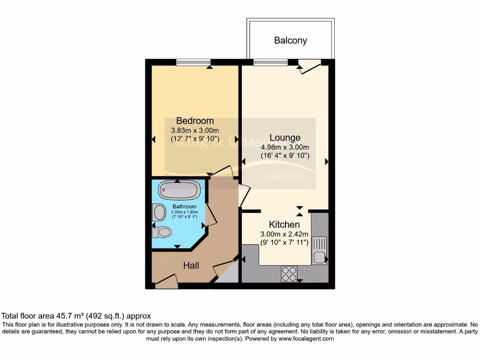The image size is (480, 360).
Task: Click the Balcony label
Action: (x=291, y=41)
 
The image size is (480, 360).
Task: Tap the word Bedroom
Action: (x=195, y=121)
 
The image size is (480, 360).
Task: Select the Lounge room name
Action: (x=285, y=138)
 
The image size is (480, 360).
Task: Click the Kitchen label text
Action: (x=285, y=225)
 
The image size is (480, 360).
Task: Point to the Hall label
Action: (x=191, y=266)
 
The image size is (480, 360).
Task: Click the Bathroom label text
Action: (x=184, y=207)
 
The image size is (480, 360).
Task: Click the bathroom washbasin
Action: (x=159, y=212)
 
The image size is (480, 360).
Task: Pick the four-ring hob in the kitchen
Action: (x=289, y=274)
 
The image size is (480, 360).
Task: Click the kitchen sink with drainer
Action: (x=319, y=251)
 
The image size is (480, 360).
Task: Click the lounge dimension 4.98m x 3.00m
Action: (x=285, y=147)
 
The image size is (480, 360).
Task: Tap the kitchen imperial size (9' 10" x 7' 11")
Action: (x=285, y=243)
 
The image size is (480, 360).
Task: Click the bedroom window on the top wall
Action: (x=193, y=62)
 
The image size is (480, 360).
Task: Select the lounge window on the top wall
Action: (x=271, y=62)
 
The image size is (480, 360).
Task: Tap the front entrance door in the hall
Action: (x=166, y=281)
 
